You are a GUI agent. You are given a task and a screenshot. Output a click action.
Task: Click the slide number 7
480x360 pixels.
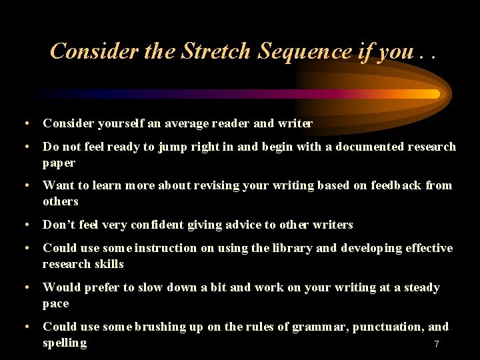[x=437, y=344]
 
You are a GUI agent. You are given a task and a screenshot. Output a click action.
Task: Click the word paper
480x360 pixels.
[x=59, y=163]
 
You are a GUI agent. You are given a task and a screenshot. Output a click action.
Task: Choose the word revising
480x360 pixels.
[x=215, y=185]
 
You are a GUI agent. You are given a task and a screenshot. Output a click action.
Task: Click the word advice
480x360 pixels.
[x=240, y=225]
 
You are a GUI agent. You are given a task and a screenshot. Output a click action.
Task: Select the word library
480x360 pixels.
[x=289, y=248]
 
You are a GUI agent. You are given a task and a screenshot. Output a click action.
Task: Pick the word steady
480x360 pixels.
[x=421, y=287]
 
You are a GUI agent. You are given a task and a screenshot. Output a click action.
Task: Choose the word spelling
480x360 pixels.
[x=65, y=343]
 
